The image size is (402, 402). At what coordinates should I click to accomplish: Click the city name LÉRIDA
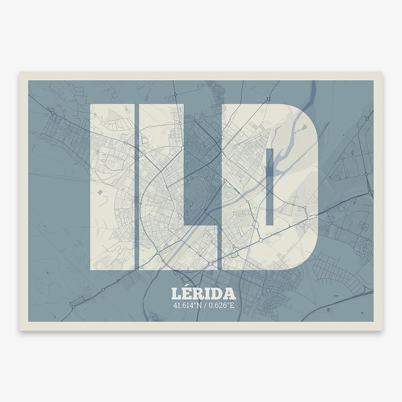(203, 294)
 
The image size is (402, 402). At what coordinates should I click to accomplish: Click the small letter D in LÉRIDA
(217, 294)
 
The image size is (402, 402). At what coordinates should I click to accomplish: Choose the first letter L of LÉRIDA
(175, 294)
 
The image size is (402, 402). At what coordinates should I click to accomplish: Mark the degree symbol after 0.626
(228, 303)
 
